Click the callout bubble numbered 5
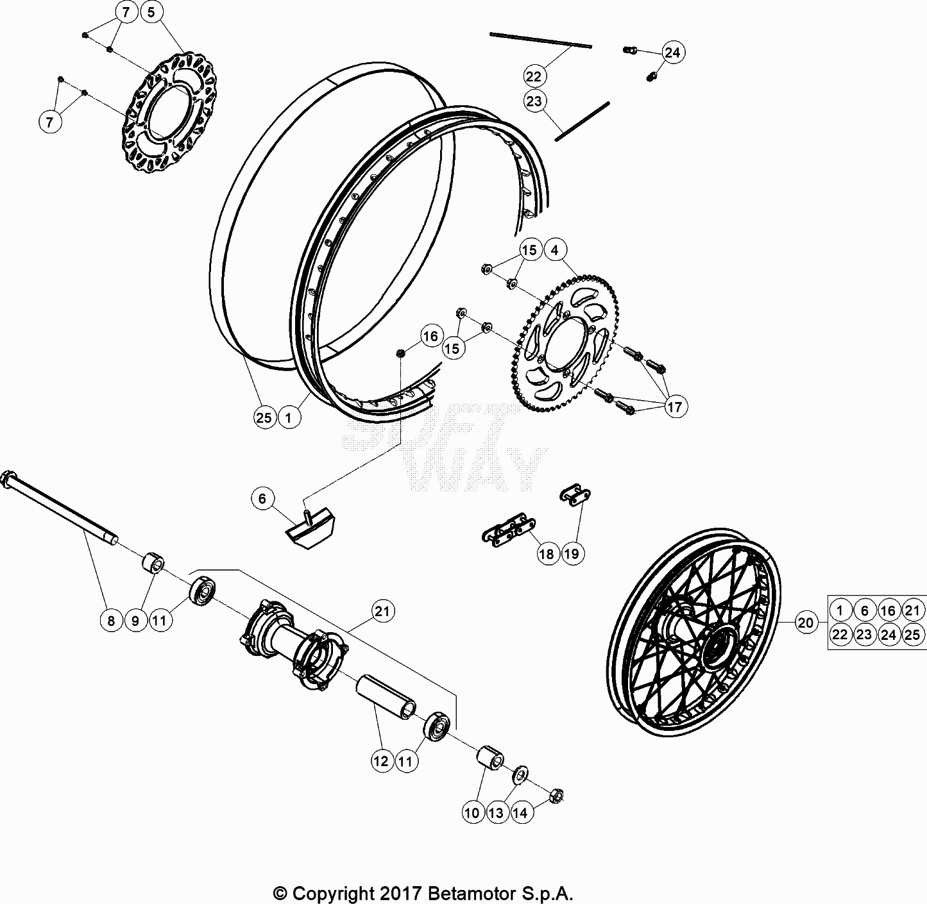151,12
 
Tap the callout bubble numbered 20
806,622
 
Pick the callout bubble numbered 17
675,406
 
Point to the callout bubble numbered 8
111,620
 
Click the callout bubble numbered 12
380,761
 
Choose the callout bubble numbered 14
520,812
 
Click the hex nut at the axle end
557,796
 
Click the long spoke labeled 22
540,40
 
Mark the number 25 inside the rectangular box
912,635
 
